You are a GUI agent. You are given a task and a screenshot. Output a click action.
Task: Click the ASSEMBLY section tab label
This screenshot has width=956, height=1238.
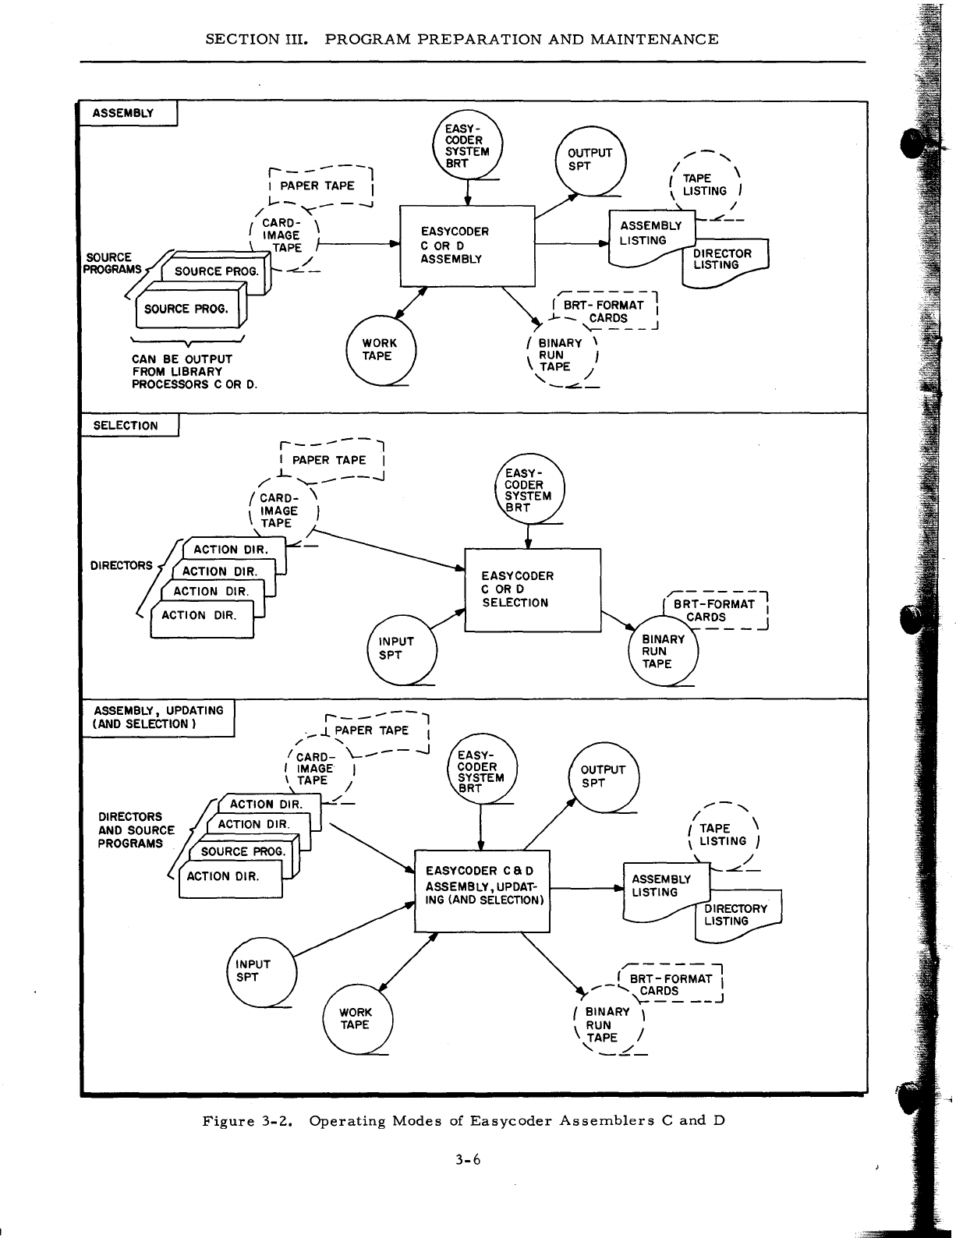tap(123, 113)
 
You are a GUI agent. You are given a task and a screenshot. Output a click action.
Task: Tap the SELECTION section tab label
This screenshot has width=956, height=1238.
tap(125, 426)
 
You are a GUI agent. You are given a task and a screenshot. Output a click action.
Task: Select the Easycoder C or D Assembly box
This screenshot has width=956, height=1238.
tap(466, 246)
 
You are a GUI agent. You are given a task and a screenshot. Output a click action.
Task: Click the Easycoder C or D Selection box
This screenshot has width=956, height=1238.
tap(532, 590)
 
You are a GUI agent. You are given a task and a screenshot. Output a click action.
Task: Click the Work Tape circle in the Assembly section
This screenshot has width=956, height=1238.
tap(381, 351)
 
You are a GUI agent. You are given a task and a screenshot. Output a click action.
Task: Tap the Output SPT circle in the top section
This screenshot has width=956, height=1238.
tap(590, 161)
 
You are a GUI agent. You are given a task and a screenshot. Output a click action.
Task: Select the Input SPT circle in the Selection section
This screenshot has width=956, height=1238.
tap(401, 649)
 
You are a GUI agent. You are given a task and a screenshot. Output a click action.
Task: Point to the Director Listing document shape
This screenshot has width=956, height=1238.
tap(725, 260)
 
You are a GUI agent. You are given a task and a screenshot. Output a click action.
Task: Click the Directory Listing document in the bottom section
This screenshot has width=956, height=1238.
tap(738, 916)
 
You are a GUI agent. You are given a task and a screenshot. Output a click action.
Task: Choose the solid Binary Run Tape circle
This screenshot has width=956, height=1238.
tap(663, 652)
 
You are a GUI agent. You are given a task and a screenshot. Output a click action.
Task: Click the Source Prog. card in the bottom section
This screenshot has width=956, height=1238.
tap(243, 852)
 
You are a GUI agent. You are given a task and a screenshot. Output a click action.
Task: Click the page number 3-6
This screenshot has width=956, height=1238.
tap(469, 1159)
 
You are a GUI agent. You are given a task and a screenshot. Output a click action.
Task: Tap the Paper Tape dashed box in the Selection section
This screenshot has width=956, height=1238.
tap(334, 461)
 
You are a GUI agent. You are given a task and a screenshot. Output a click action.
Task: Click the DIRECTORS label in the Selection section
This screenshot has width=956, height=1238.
tap(122, 565)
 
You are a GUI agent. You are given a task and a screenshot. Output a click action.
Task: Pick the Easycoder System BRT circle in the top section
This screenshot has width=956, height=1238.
tap(468, 147)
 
